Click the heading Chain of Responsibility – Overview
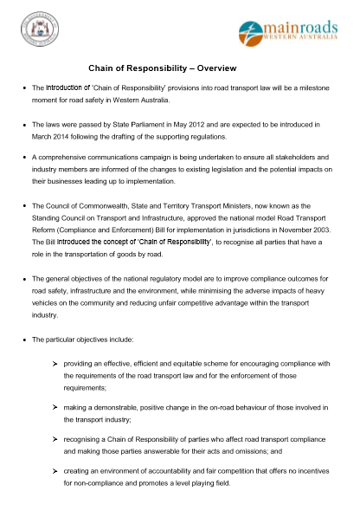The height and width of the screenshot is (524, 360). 163,68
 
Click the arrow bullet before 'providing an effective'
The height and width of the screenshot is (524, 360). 55,363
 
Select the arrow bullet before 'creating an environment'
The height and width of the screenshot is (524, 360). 55,471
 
